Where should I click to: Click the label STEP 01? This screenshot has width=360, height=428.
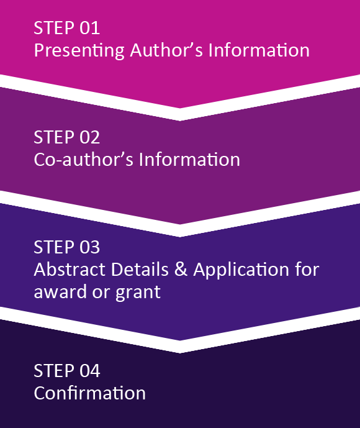(x=67, y=28)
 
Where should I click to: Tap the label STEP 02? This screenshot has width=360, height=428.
(x=67, y=137)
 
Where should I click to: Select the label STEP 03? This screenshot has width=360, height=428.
(x=67, y=247)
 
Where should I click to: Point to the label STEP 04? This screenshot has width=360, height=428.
(x=67, y=371)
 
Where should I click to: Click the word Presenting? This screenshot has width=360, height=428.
(x=79, y=51)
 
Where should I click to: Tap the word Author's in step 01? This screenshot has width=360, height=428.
(x=166, y=50)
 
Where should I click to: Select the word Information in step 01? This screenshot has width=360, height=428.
(x=259, y=50)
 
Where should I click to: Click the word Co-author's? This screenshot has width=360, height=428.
(x=83, y=160)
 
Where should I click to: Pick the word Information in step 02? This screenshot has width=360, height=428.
(x=189, y=160)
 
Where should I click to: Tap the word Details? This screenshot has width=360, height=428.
(x=140, y=270)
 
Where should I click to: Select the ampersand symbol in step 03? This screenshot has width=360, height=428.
(x=181, y=270)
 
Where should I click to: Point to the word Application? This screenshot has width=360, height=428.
(x=241, y=270)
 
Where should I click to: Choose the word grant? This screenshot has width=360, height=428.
(x=138, y=293)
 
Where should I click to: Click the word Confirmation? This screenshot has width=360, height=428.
(x=90, y=393)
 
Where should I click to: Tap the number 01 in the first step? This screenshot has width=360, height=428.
(x=90, y=28)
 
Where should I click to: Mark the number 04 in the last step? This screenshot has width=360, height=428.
(x=90, y=371)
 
